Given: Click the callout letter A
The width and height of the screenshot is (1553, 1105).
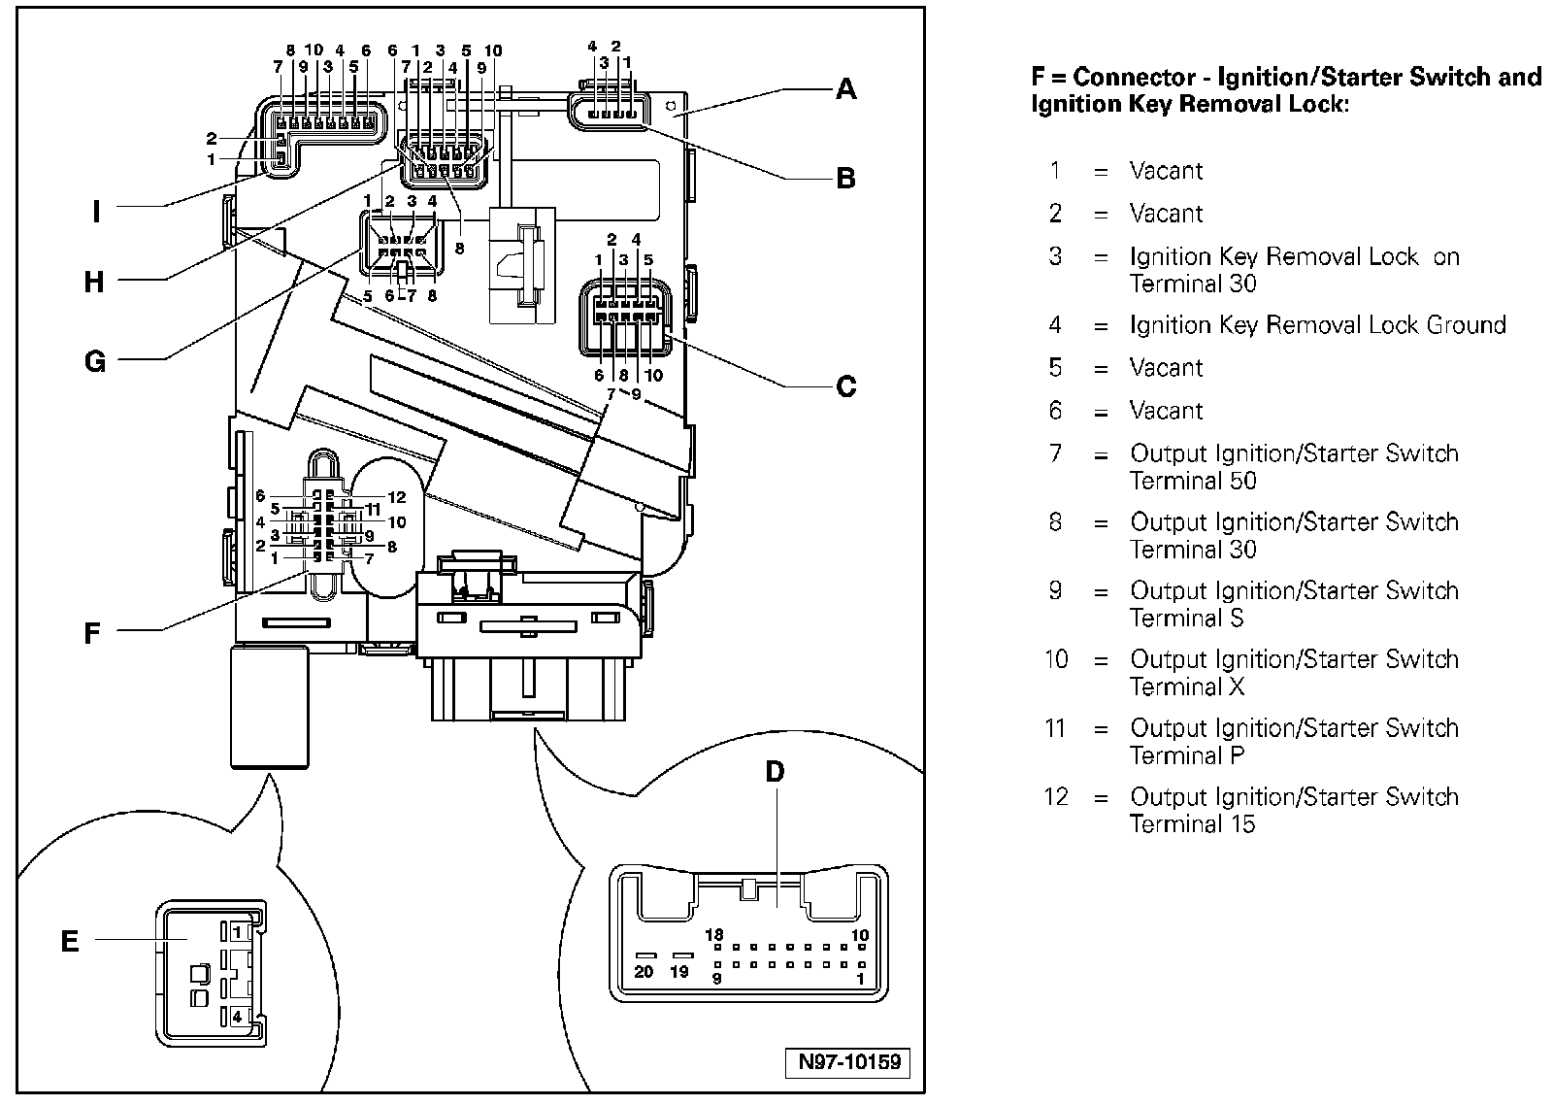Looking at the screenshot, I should pyautogui.click(x=846, y=89).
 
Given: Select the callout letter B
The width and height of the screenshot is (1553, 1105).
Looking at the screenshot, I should pyautogui.click(x=846, y=178).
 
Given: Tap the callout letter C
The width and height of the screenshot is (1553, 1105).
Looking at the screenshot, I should pyautogui.click(x=846, y=386).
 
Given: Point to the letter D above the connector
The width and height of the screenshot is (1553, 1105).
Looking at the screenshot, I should pyautogui.click(x=775, y=772).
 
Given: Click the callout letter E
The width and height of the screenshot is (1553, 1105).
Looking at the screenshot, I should pyautogui.click(x=70, y=941).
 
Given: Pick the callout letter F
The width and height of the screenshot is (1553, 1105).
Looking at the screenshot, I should pyautogui.click(x=92, y=633).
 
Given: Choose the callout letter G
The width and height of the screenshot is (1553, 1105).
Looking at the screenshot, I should pyautogui.click(x=94, y=361).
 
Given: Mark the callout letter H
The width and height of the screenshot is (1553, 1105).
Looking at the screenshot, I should pyautogui.click(x=93, y=283).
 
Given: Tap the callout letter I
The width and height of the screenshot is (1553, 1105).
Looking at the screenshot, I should pyautogui.click(x=96, y=211).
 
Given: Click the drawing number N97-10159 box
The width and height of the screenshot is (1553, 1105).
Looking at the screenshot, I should pyautogui.click(x=849, y=1061).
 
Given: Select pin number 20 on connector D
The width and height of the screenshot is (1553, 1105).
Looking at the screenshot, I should pyautogui.click(x=644, y=971).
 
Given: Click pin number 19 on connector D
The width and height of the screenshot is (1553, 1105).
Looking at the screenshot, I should pyautogui.click(x=679, y=971).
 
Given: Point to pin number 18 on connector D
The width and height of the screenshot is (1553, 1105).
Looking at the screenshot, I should pyautogui.click(x=714, y=935).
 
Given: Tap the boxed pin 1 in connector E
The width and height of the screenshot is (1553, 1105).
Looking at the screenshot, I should pyautogui.click(x=237, y=931).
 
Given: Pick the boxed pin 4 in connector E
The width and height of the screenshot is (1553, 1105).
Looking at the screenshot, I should pyautogui.click(x=237, y=1018).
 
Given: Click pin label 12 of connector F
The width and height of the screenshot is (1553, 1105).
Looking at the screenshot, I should pyautogui.click(x=396, y=497).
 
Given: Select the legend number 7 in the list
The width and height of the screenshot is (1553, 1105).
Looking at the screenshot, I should pyautogui.click(x=1056, y=453).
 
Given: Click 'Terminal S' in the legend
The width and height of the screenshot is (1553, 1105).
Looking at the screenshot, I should pyautogui.click(x=1186, y=619).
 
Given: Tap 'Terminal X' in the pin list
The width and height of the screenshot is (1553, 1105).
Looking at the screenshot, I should pyautogui.click(x=1186, y=687).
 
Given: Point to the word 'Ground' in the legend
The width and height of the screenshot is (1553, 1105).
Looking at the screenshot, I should pyautogui.click(x=1466, y=325).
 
